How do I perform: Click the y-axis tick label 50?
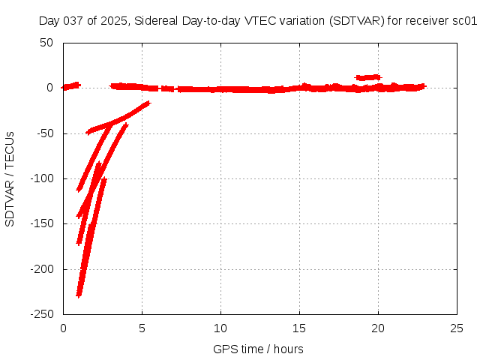[x=46, y=43]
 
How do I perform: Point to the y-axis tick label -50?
[x=43, y=133]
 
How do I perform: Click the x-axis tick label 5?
[x=142, y=328]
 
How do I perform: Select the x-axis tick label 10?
[x=220, y=328]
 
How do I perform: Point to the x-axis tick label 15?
[x=299, y=328]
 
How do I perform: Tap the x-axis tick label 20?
[x=378, y=328]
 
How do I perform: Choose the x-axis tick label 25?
[x=457, y=328]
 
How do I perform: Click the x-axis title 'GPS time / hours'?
[x=258, y=349]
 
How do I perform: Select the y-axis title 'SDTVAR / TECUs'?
[x=10, y=178]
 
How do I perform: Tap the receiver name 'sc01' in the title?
[x=464, y=21]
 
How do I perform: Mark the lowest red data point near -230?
[x=79, y=293]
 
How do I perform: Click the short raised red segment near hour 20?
[x=368, y=77]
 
